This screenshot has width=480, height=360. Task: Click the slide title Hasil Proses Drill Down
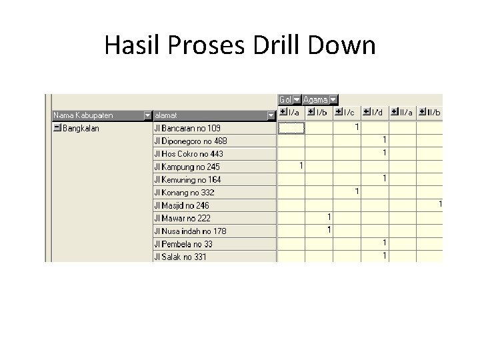pyautogui.click(x=240, y=45)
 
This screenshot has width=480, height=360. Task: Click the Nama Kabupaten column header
pyautogui.click(x=84, y=115)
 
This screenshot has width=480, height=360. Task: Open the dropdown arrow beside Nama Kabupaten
pyautogui.click(x=147, y=115)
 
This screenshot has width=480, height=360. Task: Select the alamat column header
pyautogui.click(x=166, y=115)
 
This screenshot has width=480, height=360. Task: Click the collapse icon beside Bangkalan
pyautogui.click(x=57, y=128)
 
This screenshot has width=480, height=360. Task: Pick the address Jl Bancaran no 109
pyautogui.click(x=187, y=128)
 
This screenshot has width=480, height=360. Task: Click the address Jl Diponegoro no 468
pyautogui.click(x=191, y=141)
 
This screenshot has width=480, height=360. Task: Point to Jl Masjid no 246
pyautogui.click(x=181, y=205)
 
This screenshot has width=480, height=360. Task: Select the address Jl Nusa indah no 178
pyautogui.click(x=190, y=231)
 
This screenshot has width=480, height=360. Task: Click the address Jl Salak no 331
pyautogui.click(x=180, y=257)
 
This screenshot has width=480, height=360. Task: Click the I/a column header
pyautogui.click(x=294, y=113)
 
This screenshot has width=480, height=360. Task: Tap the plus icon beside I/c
pyautogui.click(x=339, y=112)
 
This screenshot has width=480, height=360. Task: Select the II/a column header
pyautogui.click(x=406, y=113)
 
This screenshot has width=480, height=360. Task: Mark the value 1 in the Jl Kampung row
pyautogui.click(x=301, y=165)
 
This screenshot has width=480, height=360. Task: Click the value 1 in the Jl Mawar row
pyautogui.click(x=329, y=217)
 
